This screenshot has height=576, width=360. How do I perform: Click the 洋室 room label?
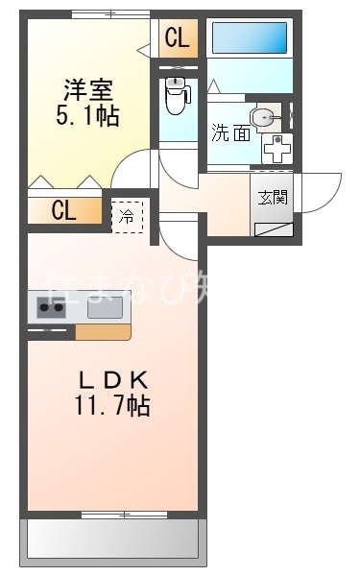coord(88,91)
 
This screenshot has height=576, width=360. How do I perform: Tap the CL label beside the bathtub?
coord(178,39)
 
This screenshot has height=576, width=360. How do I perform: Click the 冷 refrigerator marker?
coord(127,217)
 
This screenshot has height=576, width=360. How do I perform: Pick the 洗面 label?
coord(230,134)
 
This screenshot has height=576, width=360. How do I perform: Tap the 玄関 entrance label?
coord(273,198)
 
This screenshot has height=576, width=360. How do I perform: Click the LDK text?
coord(112,378)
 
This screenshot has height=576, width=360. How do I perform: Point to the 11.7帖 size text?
coord(112,406)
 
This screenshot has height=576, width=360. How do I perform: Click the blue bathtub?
coord(249,38)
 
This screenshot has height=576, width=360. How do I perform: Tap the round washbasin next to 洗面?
coord(265,117)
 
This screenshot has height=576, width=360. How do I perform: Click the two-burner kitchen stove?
coord(50,308)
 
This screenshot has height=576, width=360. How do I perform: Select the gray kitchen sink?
coord(104,307)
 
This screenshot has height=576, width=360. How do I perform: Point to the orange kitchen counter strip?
coord(103,332)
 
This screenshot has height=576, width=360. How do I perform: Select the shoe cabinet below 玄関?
coord(274,227)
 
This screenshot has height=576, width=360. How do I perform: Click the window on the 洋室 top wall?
coord(110,12)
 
